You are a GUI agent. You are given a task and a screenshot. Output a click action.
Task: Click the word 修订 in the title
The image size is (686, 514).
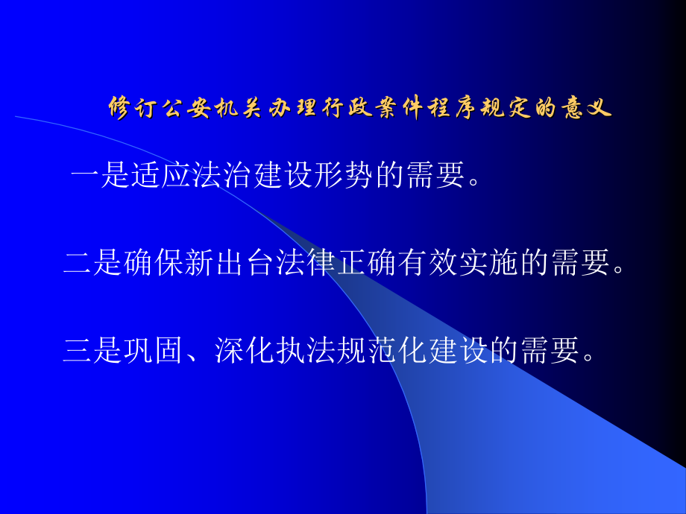click(132, 108)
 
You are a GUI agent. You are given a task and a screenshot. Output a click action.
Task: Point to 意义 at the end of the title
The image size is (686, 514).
click(588, 108)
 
